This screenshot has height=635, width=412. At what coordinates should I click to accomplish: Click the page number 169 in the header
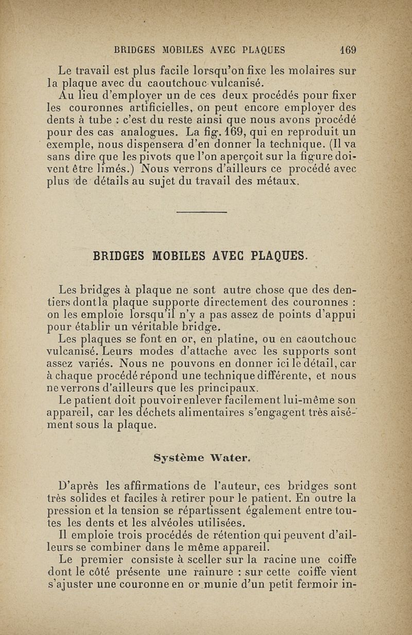(x=348, y=51)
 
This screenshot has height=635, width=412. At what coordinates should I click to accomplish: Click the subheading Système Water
(x=202, y=457)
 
